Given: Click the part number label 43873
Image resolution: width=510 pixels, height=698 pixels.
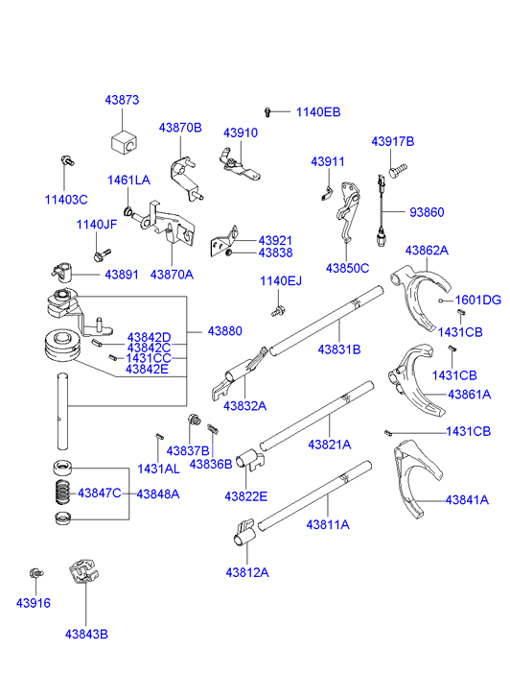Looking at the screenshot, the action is point(122,100).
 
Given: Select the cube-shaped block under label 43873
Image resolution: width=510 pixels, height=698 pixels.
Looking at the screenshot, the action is point(124,142).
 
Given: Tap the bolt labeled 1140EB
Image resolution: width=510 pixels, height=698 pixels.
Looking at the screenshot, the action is point(267,111).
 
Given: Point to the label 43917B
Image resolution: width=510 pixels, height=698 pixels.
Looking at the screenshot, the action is point(393,141).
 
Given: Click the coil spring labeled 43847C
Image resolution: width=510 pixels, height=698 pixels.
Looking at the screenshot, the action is point(62,492).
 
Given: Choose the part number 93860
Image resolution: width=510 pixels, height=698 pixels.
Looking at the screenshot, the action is point(427,212).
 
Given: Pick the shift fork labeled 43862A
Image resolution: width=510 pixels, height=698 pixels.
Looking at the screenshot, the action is point(421,295).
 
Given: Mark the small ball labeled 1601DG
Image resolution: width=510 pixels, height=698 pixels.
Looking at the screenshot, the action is point(441,301).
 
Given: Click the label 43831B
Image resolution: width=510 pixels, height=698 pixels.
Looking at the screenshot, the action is point(339,349).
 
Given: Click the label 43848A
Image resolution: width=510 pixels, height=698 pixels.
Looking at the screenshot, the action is point(158,494).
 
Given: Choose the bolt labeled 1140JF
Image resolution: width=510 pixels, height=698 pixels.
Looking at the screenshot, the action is point(102,254).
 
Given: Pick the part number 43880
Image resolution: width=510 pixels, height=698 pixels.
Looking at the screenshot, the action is point(225,331).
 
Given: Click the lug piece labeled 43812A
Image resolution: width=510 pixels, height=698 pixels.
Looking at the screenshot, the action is point(244,532).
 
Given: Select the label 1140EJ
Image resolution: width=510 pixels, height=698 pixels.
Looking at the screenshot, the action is point(281,281).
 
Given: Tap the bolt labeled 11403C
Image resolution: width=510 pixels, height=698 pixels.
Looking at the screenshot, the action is point(67,160).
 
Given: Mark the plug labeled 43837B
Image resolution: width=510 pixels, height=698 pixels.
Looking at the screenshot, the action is point(195,419).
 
